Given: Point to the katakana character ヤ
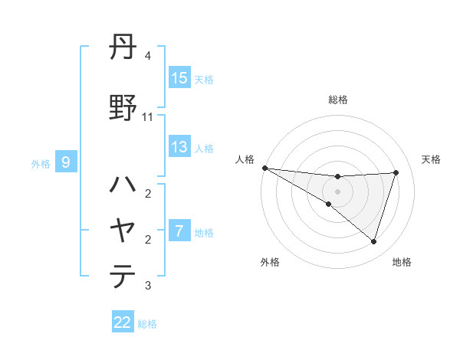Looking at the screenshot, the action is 123,229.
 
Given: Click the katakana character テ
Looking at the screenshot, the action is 123,275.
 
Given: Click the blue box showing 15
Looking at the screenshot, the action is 179,78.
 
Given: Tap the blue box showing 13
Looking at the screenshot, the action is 179,147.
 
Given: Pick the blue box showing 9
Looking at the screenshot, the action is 66,162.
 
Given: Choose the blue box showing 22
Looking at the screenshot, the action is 123,322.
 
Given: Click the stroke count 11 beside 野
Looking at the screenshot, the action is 148,116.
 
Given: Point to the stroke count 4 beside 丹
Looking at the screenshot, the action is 148,56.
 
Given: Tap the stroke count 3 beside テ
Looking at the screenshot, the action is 148,286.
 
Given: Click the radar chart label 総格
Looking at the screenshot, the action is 337,100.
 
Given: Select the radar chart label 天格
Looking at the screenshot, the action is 431,159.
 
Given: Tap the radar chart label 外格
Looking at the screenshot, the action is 270,262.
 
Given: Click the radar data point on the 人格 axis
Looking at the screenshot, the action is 264,167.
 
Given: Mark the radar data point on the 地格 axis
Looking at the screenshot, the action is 373,241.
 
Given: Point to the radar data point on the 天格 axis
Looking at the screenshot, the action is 396,172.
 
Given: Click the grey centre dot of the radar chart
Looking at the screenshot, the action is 337,191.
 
